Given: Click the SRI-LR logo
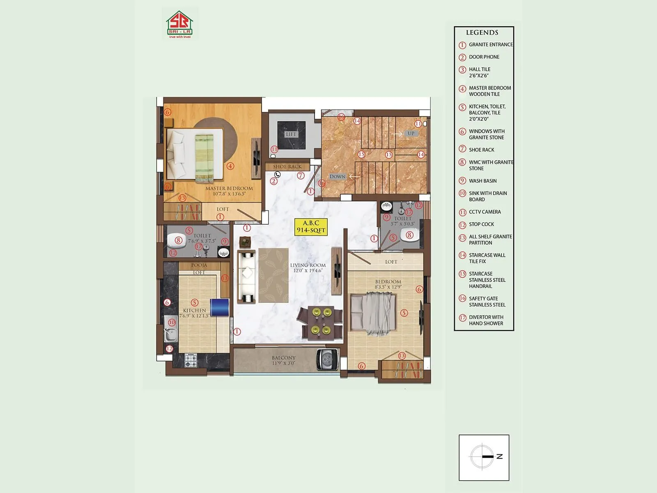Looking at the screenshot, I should [x=179, y=25].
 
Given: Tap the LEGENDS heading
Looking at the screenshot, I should [x=482, y=32].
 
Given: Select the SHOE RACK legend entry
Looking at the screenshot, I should [x=481, y=150].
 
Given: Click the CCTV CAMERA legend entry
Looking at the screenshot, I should [x=485, y=212].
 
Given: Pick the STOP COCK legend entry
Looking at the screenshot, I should [x=481, y=224].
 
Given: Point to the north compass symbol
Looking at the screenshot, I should [x=483, y=456].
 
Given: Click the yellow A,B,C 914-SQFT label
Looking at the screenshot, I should [x=311, y=227].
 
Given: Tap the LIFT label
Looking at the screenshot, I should [x=291, y=134].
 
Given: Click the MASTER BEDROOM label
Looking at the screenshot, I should [x=229, y=189].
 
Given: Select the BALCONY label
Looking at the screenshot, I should [x=283, y=358].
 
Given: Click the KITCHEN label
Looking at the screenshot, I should [x=195, y=311].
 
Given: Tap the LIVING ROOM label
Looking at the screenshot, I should [x=308, y=265].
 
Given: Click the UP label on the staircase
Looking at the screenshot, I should [x=411, y=134].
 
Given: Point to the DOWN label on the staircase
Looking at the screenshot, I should [x=337, y=177].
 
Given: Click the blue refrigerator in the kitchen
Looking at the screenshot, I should [x=219, y=307].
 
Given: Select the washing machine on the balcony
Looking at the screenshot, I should [x=327, y=359].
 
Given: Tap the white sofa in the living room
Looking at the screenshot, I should [x=248, y=277].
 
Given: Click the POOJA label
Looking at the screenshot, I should [x=199, y=265].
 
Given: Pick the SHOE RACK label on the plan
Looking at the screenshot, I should [x=287, y=167].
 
